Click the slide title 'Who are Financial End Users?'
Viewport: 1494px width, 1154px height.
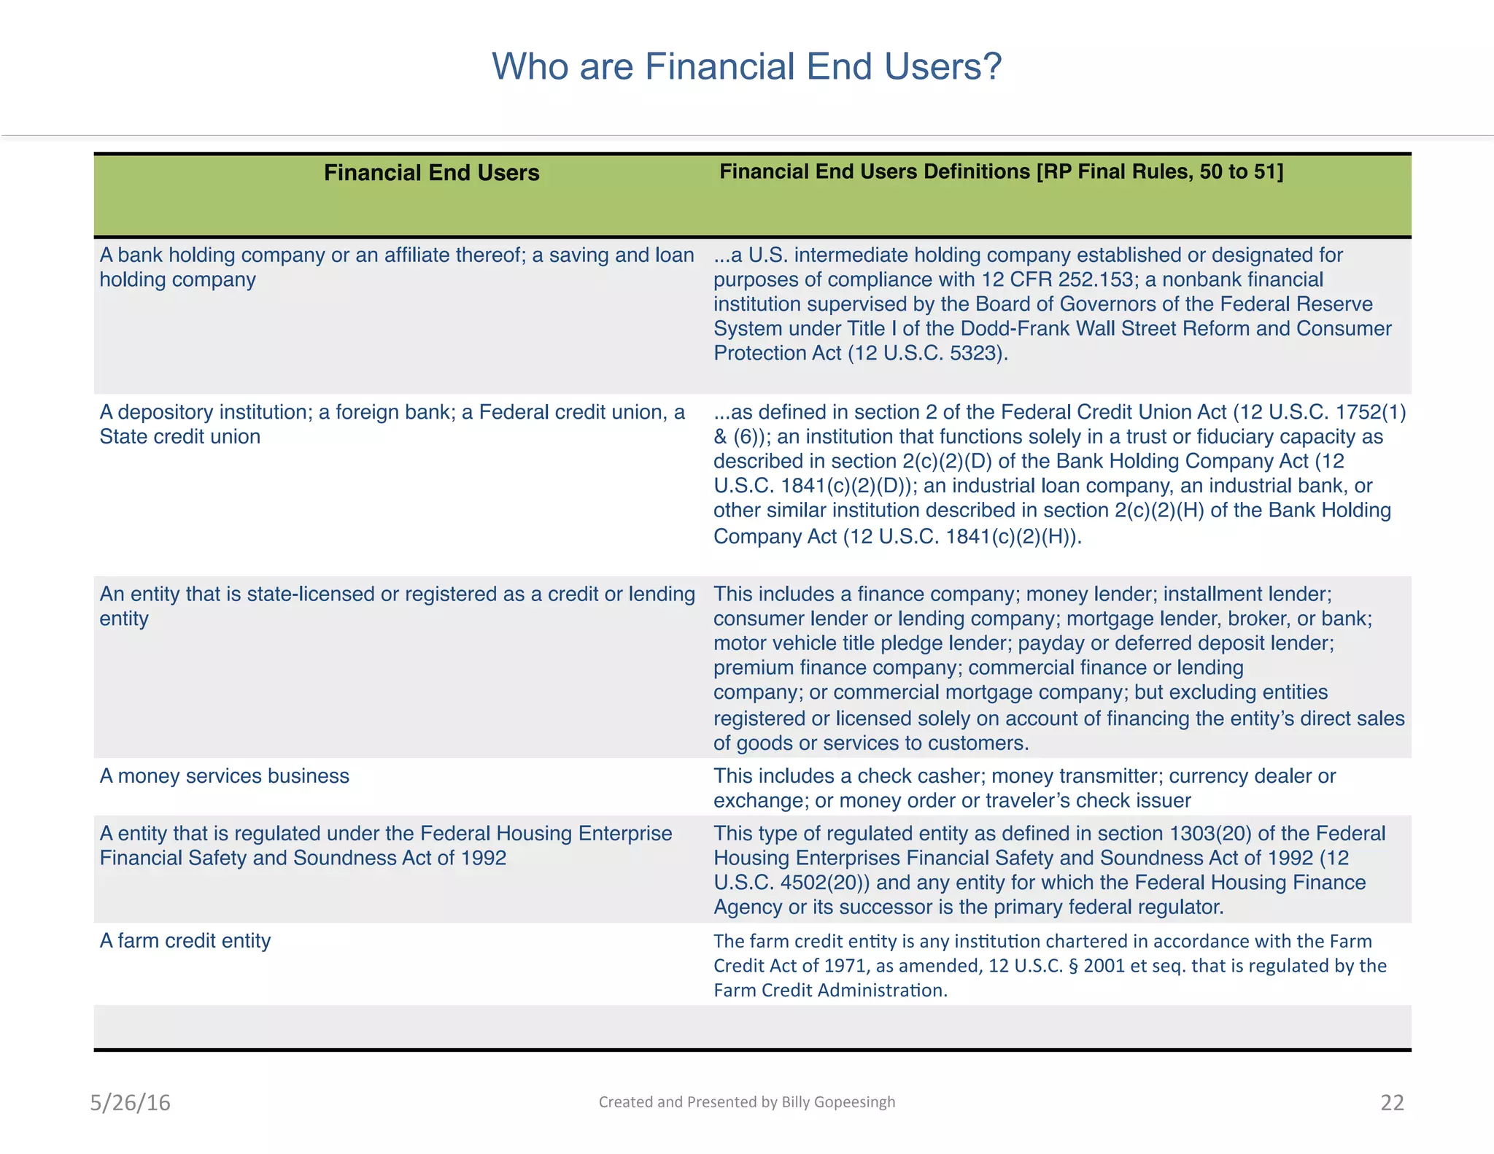click(x=747, y=66)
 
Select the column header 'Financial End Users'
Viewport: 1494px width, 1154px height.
click(x=431, y=173)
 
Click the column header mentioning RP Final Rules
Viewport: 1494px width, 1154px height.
click(x=1001, y=171)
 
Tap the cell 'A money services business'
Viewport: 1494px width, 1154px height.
click(x=224, y=776)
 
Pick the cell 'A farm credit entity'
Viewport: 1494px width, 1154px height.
click(x=185, y=941)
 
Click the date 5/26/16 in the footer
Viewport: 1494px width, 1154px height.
click(x=130, y=1102)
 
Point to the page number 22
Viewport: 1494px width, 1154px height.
click(x=1392, y=1102)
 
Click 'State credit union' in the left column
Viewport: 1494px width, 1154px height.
click(x=179, y=437)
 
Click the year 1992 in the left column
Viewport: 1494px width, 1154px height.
click(x=483, y=859)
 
